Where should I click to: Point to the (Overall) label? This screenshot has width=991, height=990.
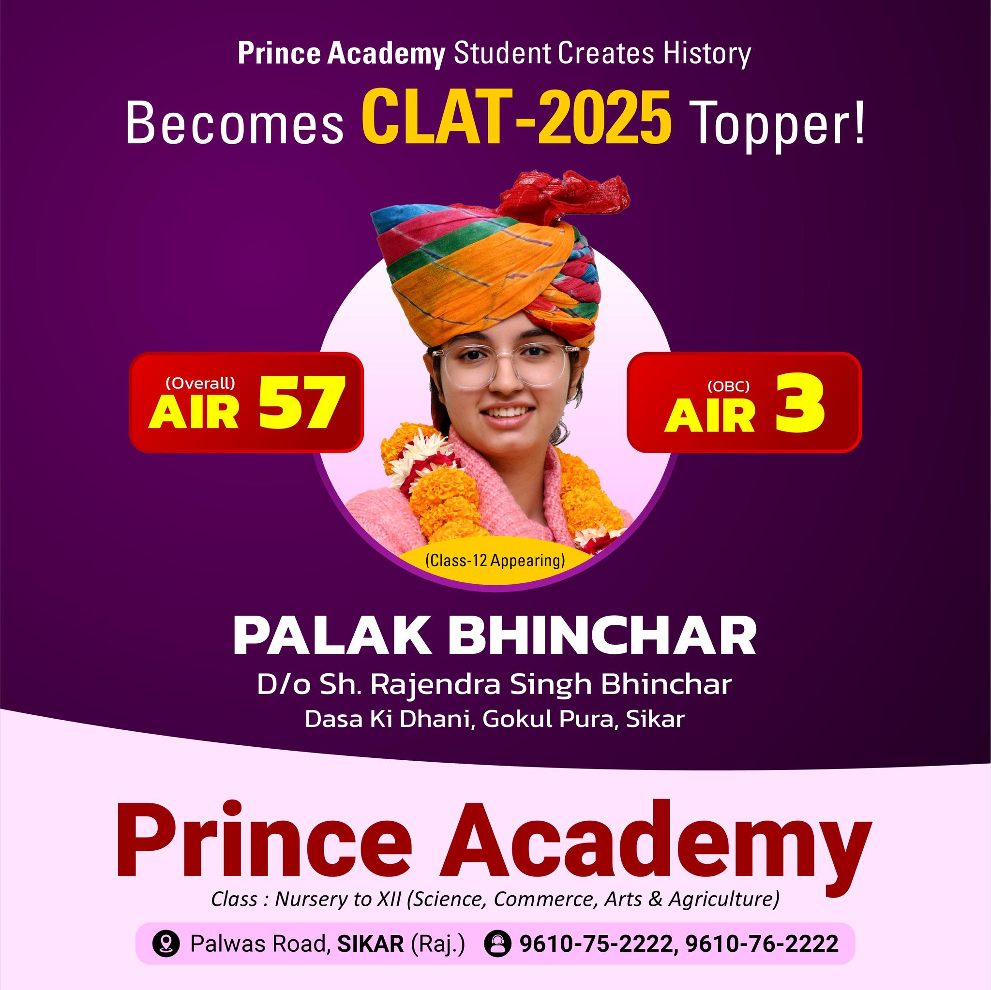tap(200, 383)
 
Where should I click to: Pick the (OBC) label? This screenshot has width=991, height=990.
tap(728, 386)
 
